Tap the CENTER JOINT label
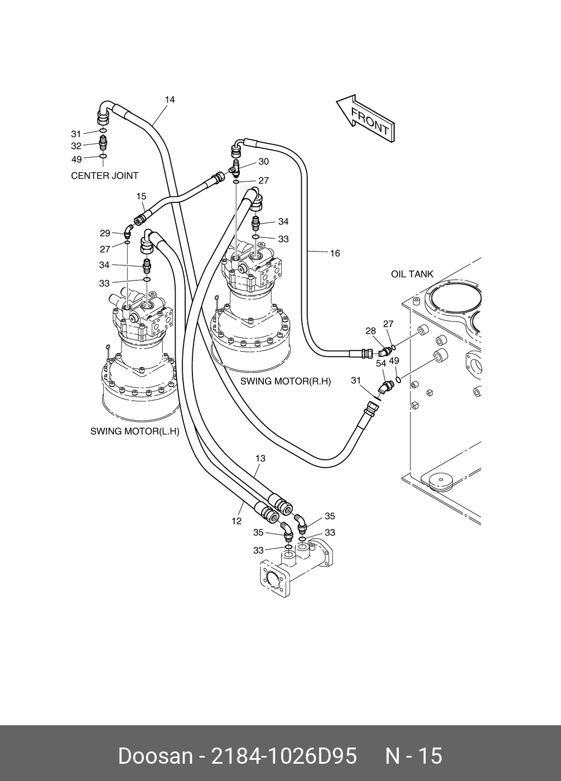(105, 176)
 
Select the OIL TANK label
(412, 274)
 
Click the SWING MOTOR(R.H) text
(286, 381)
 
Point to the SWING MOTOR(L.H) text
(134, 431)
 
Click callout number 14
(170, 100)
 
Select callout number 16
(335, 254)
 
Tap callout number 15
(141, 197)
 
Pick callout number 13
(260, 458)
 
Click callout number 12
(236, 521)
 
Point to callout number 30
(264, 162)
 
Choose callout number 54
(381, 363)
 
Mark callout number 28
(370, 331)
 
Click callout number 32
(76, 145)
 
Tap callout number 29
(105, 233)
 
